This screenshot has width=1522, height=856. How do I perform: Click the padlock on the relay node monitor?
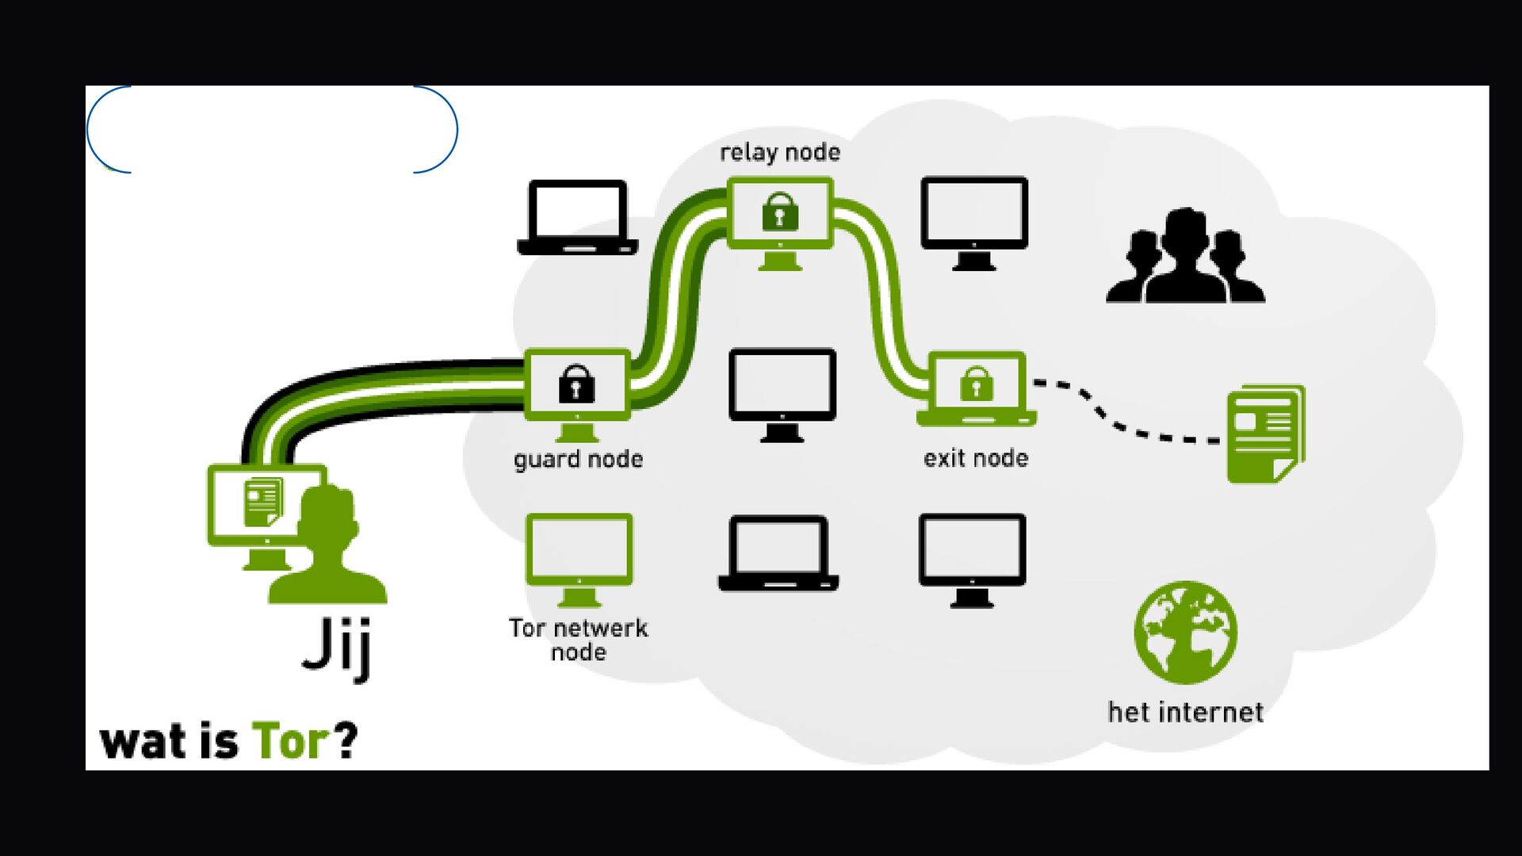(x=780, y=212)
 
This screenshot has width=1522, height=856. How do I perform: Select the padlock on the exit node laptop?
(x=977, y=384)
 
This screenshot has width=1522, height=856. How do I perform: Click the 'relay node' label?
(x=780, y=152)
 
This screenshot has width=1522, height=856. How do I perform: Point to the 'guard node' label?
(x=578, y=460)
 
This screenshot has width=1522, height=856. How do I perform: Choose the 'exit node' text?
(x=976, y=458)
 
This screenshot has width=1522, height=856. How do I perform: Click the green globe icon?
(x=1185, y=632)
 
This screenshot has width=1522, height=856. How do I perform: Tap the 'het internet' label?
(x=1185, y=713)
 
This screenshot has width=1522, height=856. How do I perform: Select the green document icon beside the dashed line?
(x=1265, y=434)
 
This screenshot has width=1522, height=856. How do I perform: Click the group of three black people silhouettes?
(x=1185, y=258)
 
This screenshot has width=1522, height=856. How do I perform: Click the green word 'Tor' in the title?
(x=290, y=742)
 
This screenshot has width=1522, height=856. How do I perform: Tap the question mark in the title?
(x=346, y=740)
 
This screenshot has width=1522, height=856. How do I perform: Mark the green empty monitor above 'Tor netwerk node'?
(x=579, y=550)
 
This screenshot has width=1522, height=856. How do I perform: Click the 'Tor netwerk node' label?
(x=578, y=640)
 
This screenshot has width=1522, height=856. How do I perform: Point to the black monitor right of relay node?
(x=974, y=216)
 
